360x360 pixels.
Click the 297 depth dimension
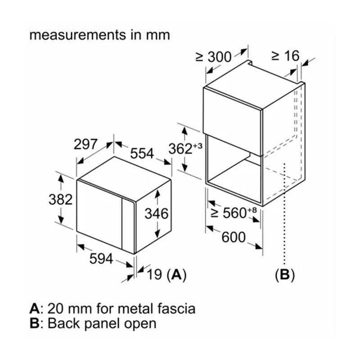click(85, 144)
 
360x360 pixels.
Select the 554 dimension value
click(142, 153)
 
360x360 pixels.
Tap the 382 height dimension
click(60, 199)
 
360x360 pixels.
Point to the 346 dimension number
click(156, 213)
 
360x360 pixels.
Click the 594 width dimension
click(101, 258)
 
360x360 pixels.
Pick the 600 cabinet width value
click(234, 237)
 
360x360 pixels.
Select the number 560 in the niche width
click(234, 213)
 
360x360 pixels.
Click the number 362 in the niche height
click(180, 149)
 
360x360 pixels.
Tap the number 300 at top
click(220, 57)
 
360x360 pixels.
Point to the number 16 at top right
click(292, 56)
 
